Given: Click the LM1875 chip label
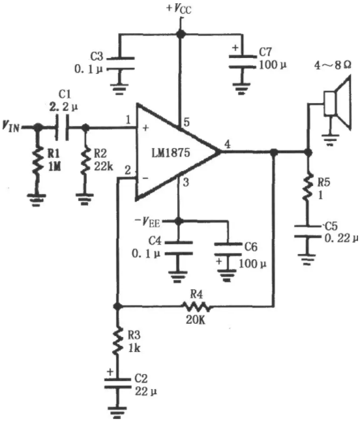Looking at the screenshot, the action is click(x=171, y=153).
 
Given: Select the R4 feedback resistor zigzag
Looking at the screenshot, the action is click(x=196, y=306).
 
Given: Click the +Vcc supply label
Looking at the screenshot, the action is click(x=179, y=8).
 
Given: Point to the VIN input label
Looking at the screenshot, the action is click(x=11, y=126).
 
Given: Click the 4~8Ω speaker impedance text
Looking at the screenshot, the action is click(x=333, y=65).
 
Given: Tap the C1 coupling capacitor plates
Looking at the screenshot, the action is click(x=62, y=127).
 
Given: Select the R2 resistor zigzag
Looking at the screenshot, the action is click(x=85, y=160).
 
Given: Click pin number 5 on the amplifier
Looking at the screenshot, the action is click(x=187, y=122).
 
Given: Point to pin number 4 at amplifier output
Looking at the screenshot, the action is click(x=228, y=144).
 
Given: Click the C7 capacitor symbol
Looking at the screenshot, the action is click(x=242, y=62).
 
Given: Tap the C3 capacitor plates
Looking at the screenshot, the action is click(x=121, y=63).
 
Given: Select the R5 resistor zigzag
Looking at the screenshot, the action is click(x=307, y=187).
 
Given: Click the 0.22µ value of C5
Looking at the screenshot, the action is click(x=341, y=238).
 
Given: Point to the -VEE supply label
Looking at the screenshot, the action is click(x=147, y=223).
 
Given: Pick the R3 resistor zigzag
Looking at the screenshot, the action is click(x=117, y=341).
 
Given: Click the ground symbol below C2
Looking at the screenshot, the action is click(x=117, y=411).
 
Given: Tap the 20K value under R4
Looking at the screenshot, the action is click(x=196, y=320).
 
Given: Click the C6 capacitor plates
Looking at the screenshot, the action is click(x=228, y=249).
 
